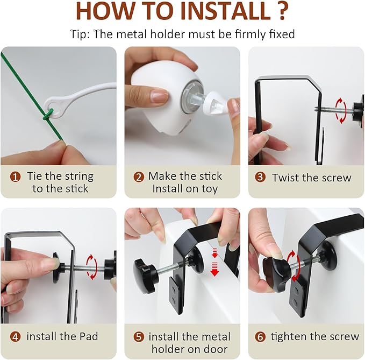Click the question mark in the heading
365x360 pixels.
(x=282, y=11)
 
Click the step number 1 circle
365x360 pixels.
(x=16, y=177)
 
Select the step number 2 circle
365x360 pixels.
(x=139, y=177)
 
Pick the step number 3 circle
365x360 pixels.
(x=260, y=177)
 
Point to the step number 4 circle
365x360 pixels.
(x=16, y=337)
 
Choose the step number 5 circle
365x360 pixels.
(x=139, y=337)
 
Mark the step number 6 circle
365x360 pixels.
(x=260, y=337)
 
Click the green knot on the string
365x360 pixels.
(x=47, y=115)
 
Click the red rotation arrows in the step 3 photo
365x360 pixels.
(x=341, y=110)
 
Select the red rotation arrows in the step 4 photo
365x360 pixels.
(x=91, y=267)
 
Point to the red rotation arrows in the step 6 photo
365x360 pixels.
(x=292, y=266)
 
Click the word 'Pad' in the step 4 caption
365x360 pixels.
(x=89, y=336)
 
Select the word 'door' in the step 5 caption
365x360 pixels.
(x=216, y=349)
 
